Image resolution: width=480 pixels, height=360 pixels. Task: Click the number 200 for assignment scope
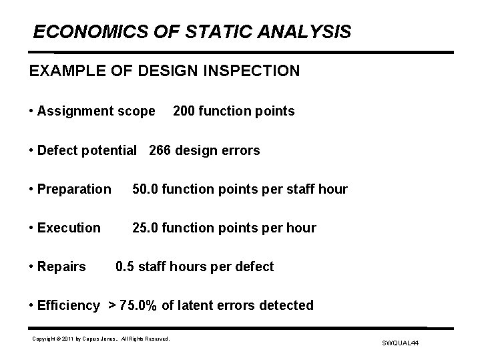(x=185, y=111)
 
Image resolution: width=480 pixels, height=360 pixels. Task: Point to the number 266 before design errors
(x=161, y=150)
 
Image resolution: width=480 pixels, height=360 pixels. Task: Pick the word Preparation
(x=74, y=189)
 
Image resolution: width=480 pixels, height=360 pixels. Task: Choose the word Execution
(x=69, y=228)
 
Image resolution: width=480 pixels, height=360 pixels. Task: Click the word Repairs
(x=61, y=266)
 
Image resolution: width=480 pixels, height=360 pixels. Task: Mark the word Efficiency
(x=68, y=305)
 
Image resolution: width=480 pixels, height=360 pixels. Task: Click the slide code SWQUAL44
(x=400, y=343)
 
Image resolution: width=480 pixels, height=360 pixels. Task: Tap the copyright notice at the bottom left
(x=101, y=339)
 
